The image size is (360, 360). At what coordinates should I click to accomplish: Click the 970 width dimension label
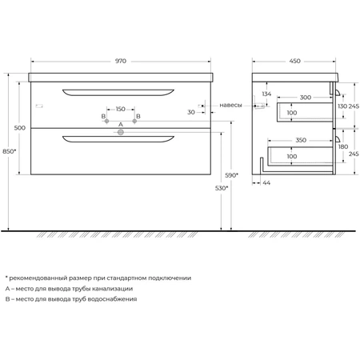[x=121, y=61]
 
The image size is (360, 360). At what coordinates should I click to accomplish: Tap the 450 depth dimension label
[x=295, y=61]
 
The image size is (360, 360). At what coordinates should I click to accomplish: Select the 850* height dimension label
[x=10, y=151]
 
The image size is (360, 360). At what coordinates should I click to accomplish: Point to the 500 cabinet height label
[x=20, y=128]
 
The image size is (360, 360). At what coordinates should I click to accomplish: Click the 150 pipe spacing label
[x=121, y=109]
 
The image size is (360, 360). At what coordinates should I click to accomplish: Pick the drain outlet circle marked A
[x=121, y=132]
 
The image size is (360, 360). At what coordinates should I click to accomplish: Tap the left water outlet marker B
[x=106, y=121]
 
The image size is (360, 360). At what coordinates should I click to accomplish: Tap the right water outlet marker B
[x=134, y=121]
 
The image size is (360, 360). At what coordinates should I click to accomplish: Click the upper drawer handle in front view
[x=118, y=92]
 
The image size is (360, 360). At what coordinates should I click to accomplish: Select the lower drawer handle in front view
[x=118, y=139]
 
